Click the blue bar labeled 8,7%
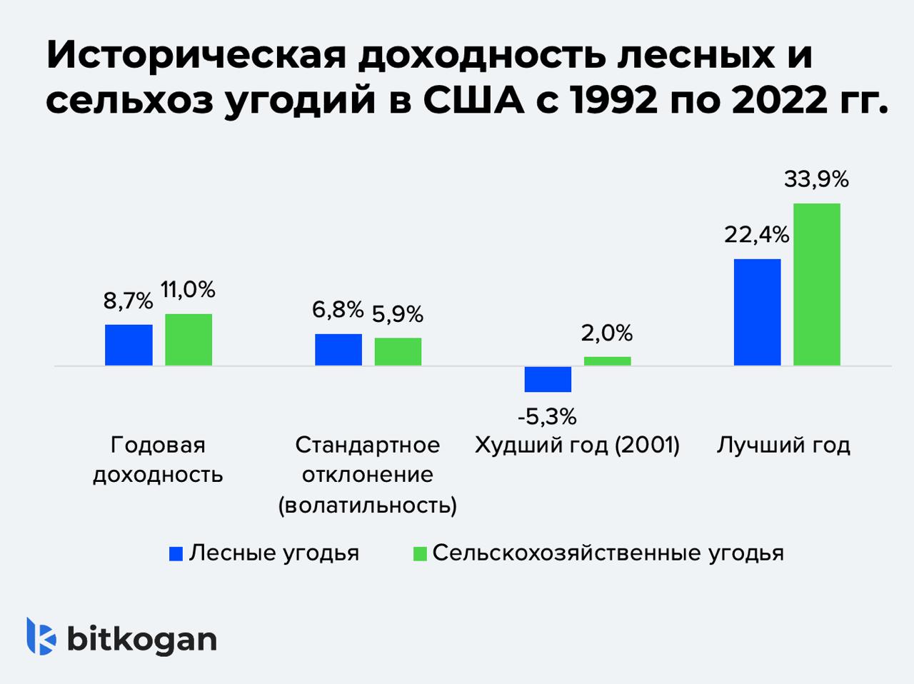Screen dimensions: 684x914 (129, 345)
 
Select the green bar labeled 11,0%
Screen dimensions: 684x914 (189, 340)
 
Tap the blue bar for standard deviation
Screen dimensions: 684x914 (338, 350)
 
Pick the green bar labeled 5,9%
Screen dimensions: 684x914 (398, 352)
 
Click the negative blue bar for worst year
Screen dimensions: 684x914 (548, 379)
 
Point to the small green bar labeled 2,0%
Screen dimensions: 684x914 (607, 361)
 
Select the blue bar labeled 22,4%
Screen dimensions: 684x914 (757, 312)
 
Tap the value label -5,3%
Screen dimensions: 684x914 (548, 416)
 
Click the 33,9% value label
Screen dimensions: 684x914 (816, 180)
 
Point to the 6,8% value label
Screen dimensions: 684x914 (338, 310)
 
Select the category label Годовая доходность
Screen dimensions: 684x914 (158, 460)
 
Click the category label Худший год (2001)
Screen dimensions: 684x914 (577, 446)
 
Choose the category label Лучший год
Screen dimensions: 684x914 (783, 446)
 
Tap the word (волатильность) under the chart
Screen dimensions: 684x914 (367, 506)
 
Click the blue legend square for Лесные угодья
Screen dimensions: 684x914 (176, 554)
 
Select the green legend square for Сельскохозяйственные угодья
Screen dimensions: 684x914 (420, 554)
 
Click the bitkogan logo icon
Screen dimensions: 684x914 (41, 635)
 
